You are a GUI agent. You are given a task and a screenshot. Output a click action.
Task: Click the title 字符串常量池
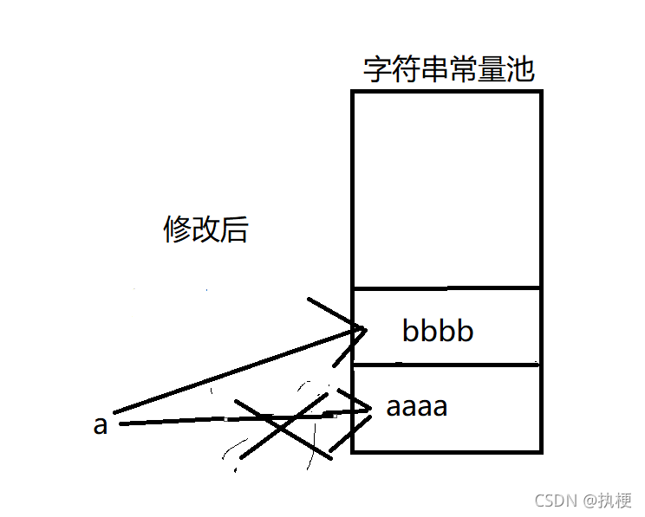(448, 70)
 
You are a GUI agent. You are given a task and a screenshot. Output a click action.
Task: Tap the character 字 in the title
(378, 70)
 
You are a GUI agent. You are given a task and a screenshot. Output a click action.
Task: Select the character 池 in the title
(520, 70)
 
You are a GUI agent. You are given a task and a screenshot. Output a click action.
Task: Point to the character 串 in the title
(434, 70)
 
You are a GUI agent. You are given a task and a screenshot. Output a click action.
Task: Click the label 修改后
(205, 229)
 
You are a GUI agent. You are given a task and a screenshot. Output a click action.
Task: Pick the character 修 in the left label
(177, 229)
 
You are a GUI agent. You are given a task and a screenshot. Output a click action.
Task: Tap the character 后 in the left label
(234, 229)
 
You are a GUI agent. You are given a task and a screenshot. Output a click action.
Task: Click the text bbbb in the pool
(438, 331)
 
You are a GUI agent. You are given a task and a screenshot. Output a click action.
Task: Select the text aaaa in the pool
(417, 406)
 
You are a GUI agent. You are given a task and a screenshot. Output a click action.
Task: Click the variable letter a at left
(101, 426)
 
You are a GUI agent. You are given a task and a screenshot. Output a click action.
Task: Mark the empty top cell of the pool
(446, 189)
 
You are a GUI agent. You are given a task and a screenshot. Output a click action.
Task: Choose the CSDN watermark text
(552, 501)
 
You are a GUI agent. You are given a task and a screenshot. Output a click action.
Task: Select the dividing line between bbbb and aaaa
(446, 365)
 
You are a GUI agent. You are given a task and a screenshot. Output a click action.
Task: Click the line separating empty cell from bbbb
(446, 288)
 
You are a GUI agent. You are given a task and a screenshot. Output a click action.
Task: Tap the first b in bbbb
(411, 331)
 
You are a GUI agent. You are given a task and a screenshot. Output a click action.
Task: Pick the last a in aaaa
(440, 406)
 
